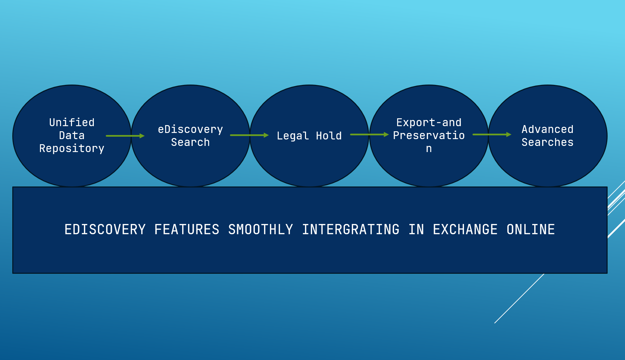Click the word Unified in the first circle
pyautogui.click(x=72, y=122)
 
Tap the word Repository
pyautogui.click(x=72, y=149)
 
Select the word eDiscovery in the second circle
pyautogui.click(x=190, y=130)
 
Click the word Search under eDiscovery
pyautogui.click(x=190, y=142)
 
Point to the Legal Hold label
pyautogui.click(x=309, y=136)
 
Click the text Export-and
pyautogui.click(x=429, y=122)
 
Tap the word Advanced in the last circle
pyautogui.click(x=547, y=129)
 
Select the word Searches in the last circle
pyautogui.click(x=547, y=142)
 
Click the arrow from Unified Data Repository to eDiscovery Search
pyautogui.click(x=125, y=136)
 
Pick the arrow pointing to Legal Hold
pyautogui.click(x=249, y=135)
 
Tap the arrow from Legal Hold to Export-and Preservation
pyautogui.click(x=369, y=135)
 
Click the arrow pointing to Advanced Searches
pyautogui.click(x=492, y=135)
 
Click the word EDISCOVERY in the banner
pyautogui.click(x=105, y=229)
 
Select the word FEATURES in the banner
pyautogui.click(x=187, y=229)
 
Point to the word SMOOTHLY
pyautogui.click(x=261, y=229)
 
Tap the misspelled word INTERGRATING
pyautogui.click(x=351, y=229)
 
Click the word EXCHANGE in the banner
pyautogui.click(x=465, y=229)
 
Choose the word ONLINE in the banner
pyautogui.click(x=531, y=229)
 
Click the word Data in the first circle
pyautogui.click(x=72, y=135)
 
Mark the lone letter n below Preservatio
pyautogui.click(x=429, y=149)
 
